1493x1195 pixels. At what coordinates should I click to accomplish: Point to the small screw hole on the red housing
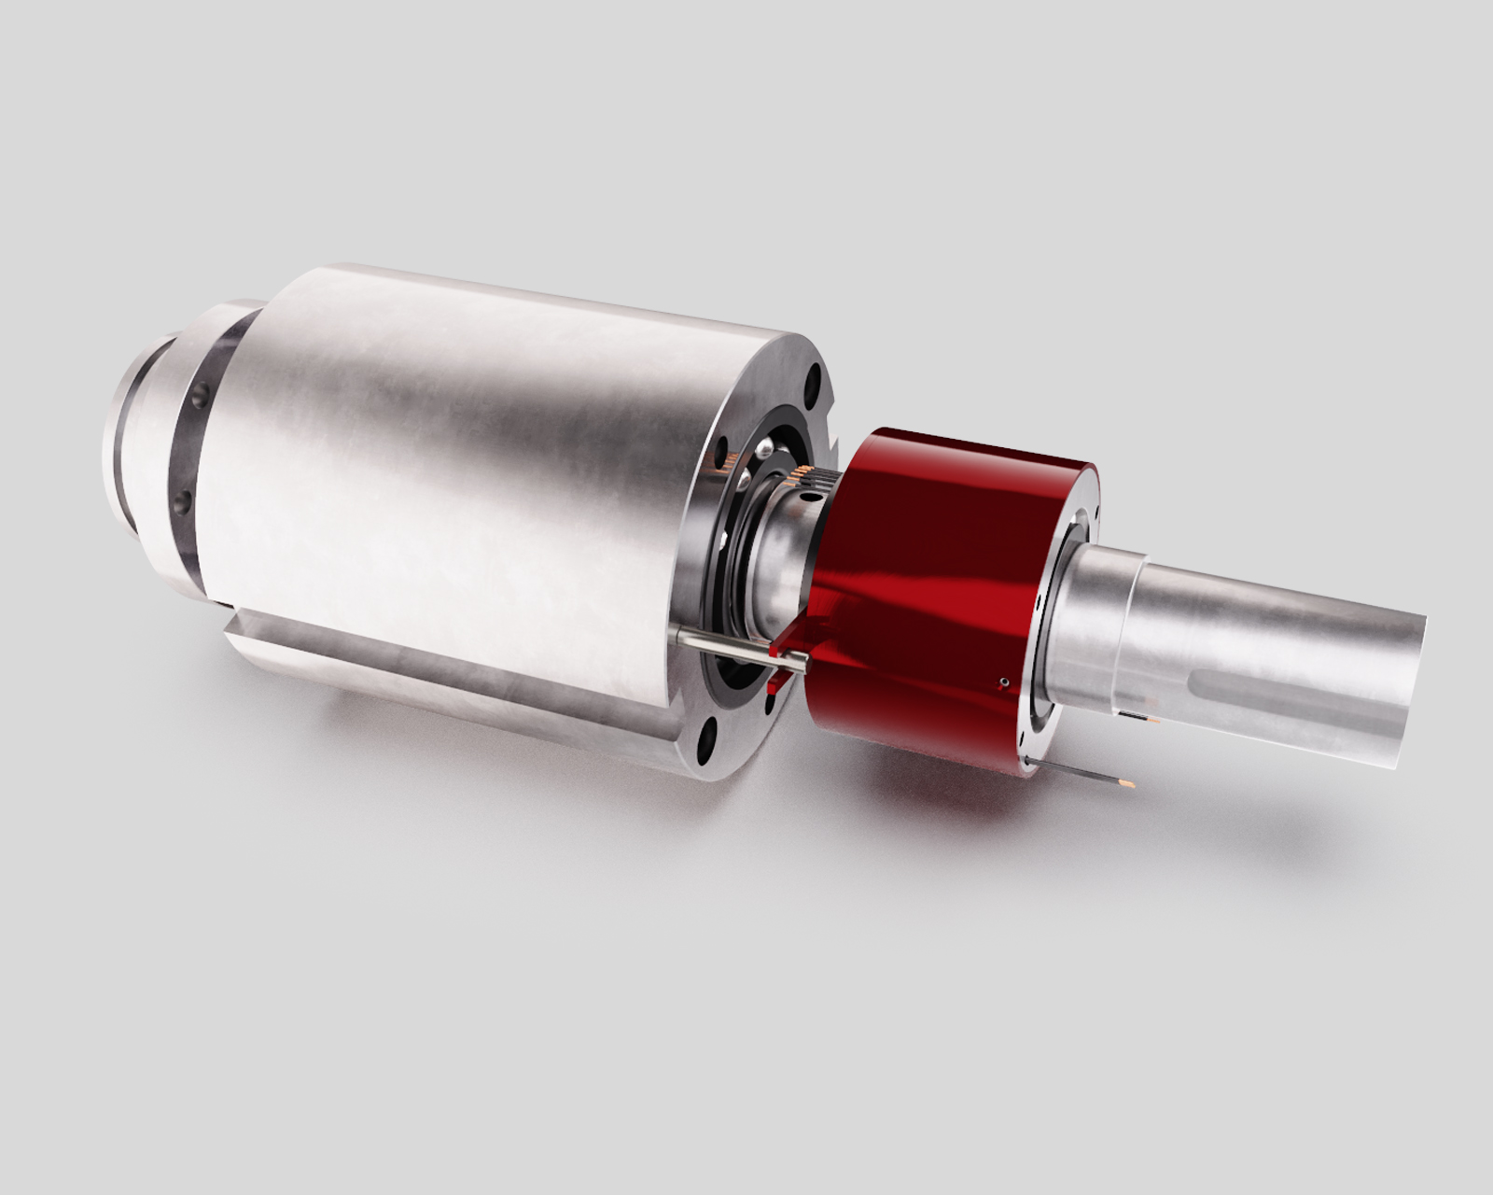pos(1001,683)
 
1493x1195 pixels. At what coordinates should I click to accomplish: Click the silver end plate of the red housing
pos(1064,635)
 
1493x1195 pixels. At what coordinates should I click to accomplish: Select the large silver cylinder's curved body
pos(467,467)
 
